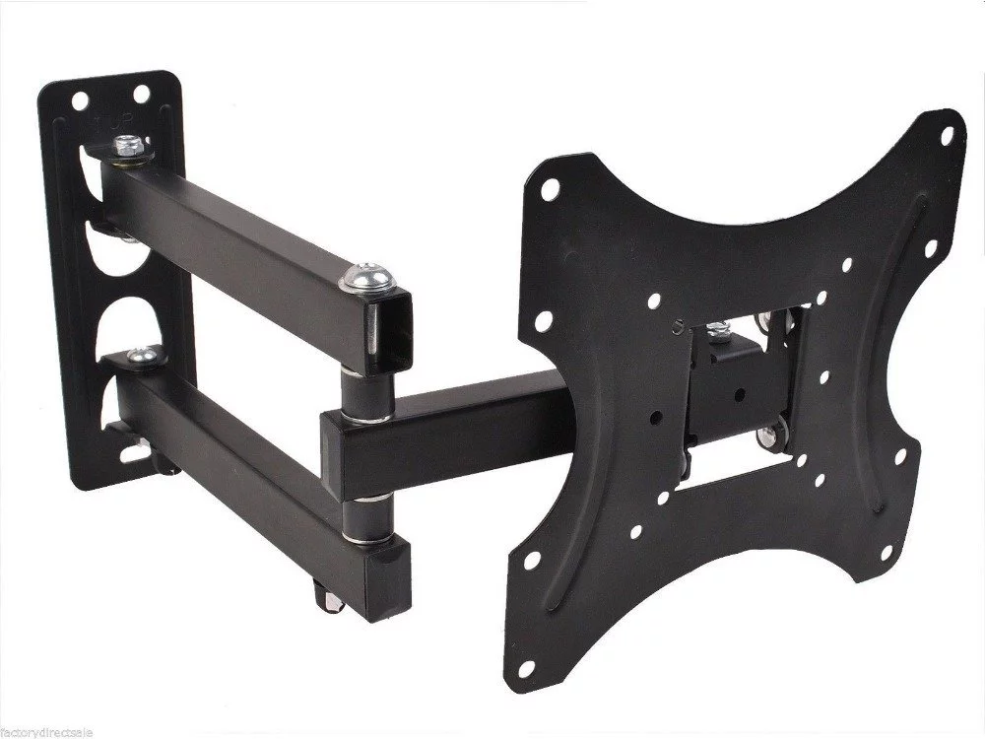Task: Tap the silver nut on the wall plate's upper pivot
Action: tap(125, 148)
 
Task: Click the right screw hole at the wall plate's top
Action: tap(145, 96)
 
